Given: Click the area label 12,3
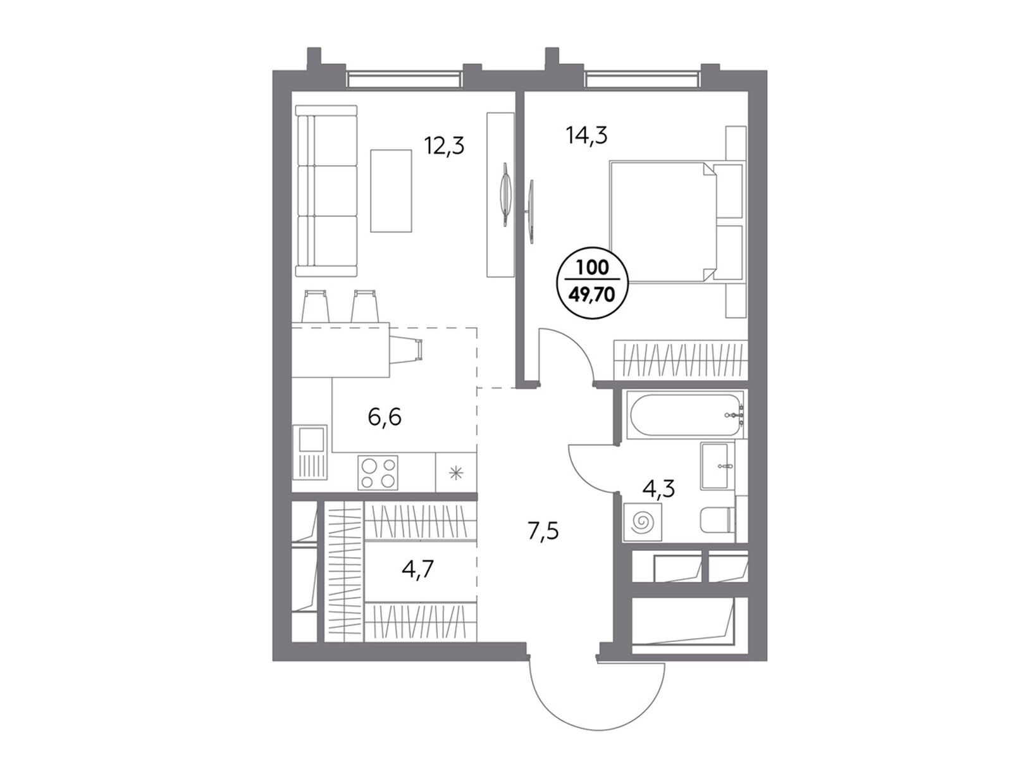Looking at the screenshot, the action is [x=444, y=146].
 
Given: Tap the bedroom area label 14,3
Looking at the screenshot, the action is [x=586, y=135].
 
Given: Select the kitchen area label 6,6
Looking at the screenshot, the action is [x=385, y=417].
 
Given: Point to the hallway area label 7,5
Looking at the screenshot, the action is [x=543, y=531].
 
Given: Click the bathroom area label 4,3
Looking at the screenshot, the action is [x=659, y=488].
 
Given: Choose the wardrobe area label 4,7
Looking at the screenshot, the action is [x=417, y=570].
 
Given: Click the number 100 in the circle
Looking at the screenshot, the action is [x=593, y=268].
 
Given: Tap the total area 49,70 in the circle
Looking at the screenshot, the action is [x=593, y=293].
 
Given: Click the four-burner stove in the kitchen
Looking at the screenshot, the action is [x=378, y=472].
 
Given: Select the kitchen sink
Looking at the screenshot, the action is [x=311, y=452].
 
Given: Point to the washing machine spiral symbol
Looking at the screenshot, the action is [x=642, y=522].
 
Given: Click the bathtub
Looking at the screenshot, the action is [x=684, y=415].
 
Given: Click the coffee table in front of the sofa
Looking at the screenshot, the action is [x=391, y=190].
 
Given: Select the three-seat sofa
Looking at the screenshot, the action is [x=326, y=191].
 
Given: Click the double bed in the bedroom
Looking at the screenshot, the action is [x=677, y=221].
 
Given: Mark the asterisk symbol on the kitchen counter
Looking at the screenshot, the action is [x=455, y=472].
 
